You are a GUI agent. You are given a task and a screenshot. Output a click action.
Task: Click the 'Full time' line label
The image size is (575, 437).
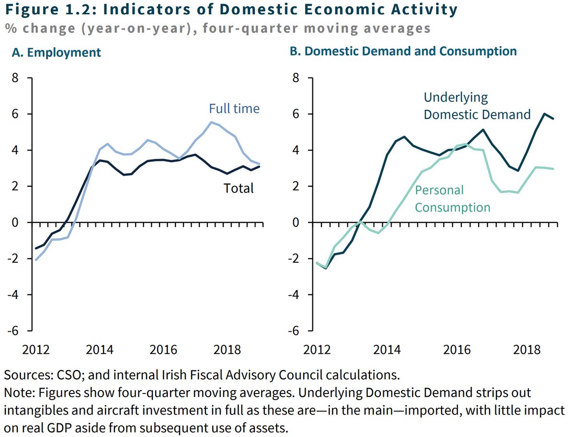click(234, 109)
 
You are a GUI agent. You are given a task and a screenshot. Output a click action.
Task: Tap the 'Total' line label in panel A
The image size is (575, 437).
click(239, 188)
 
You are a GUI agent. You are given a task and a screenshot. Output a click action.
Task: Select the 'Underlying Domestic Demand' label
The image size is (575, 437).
click(477, 106)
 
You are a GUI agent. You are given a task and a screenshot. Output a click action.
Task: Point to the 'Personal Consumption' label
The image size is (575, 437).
click(452, 199)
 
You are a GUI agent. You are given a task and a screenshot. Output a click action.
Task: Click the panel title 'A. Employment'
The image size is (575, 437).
click(57, 52)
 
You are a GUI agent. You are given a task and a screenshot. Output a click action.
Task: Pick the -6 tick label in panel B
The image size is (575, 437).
click(294, 331)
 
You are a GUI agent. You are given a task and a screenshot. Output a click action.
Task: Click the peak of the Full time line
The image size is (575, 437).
click(211, 122)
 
